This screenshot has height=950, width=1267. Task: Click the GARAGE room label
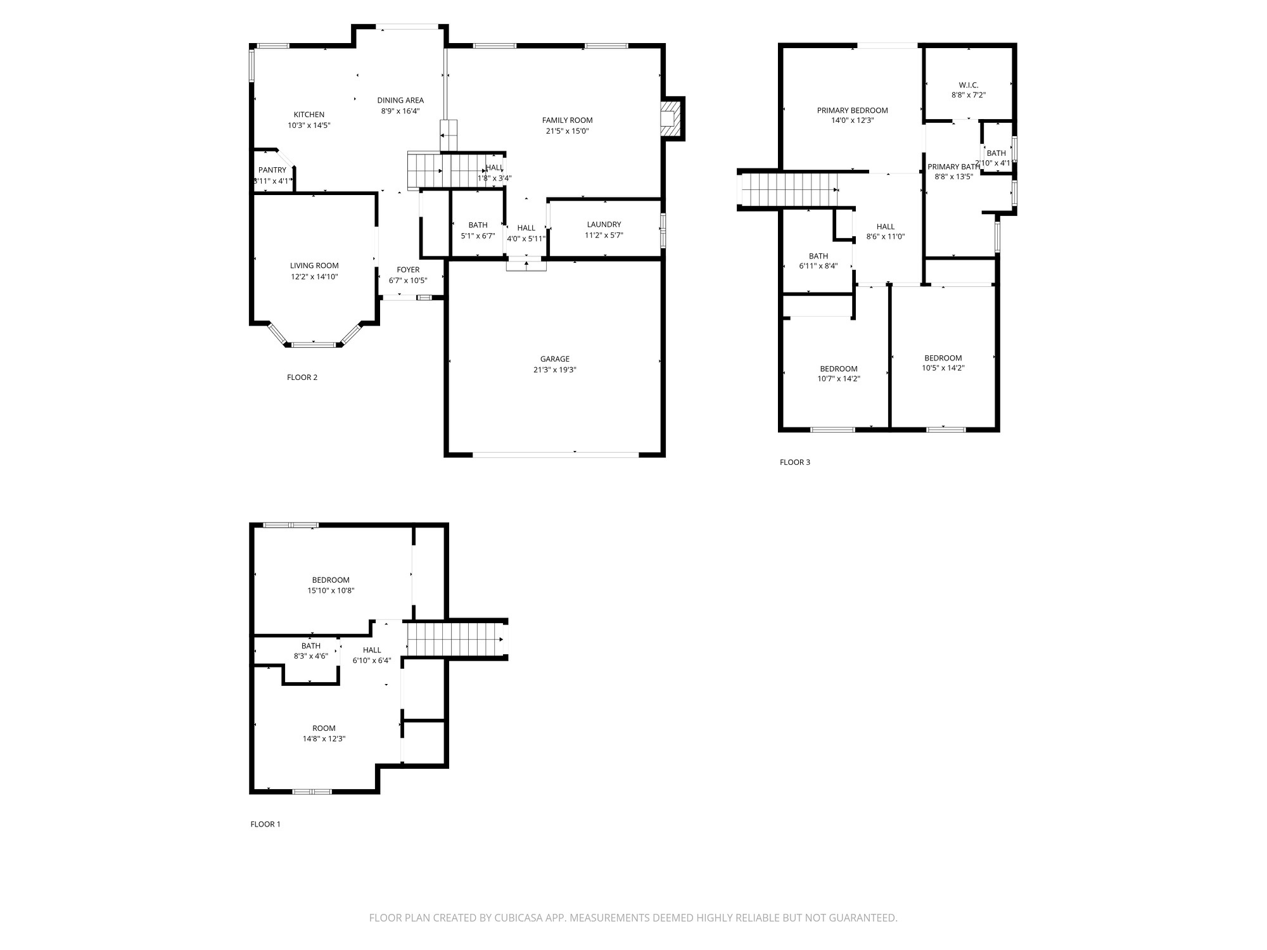[x=554, y=359]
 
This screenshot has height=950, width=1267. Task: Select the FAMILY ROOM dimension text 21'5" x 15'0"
[x=567, y=131]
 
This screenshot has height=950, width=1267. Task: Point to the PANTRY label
[x=272, y=170]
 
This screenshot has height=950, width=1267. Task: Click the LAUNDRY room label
[x=604, y=224]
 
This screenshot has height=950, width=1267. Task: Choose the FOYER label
[x=408, y=270]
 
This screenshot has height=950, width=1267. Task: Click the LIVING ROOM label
[x=314, y=265]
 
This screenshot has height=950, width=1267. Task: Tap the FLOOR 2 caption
[x=302, y=377]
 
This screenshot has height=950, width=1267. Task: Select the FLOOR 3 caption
[x=794, y=462]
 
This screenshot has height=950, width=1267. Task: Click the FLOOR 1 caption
[x=265, y=824]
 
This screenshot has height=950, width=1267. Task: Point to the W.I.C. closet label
[x=968, y=85]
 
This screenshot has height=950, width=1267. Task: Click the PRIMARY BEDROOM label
[x=852, y=110]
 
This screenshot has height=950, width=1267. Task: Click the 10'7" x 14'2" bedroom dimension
[x=839, y=379]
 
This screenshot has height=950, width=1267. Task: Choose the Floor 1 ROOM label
[x=324, y=728]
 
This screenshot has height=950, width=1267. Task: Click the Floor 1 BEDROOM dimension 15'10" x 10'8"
[x=331, y=590]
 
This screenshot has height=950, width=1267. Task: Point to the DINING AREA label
[x=400, y=100]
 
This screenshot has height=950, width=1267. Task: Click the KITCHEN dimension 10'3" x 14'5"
[x=309, y=125]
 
